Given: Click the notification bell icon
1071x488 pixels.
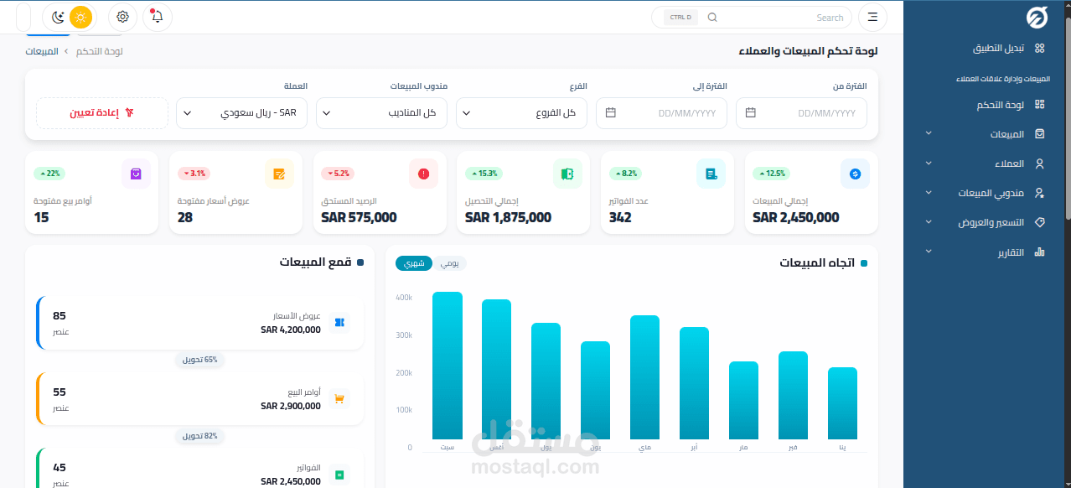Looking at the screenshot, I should (158, 17).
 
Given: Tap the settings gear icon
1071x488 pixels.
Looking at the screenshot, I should (123, 17).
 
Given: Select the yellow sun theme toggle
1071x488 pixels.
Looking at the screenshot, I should (80, 17).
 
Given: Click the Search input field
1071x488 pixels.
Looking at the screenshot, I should (779, 18).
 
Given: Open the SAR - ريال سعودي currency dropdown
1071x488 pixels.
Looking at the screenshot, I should (241, 113).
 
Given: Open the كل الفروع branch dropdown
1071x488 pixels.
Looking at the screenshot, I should (521, 113).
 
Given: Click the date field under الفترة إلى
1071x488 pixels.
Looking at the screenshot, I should (661, 113).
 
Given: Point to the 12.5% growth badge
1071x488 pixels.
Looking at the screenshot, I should (771, 174).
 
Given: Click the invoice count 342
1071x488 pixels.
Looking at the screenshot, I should (620, 217).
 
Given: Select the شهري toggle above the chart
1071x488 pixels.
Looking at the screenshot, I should (414, 263).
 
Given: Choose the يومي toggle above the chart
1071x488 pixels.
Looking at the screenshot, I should (450, 263).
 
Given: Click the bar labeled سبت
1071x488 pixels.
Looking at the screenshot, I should (448, 366).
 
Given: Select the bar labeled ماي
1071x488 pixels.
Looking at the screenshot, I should (644, 377).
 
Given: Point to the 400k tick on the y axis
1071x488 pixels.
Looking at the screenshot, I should (403, 298).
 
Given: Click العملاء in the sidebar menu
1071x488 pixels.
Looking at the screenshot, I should (1006, 164).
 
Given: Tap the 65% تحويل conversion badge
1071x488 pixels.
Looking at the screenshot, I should (200, 360).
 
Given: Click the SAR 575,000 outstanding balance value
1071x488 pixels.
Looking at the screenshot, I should (359, 217).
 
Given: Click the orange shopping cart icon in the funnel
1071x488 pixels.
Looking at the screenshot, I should (339, 399).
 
